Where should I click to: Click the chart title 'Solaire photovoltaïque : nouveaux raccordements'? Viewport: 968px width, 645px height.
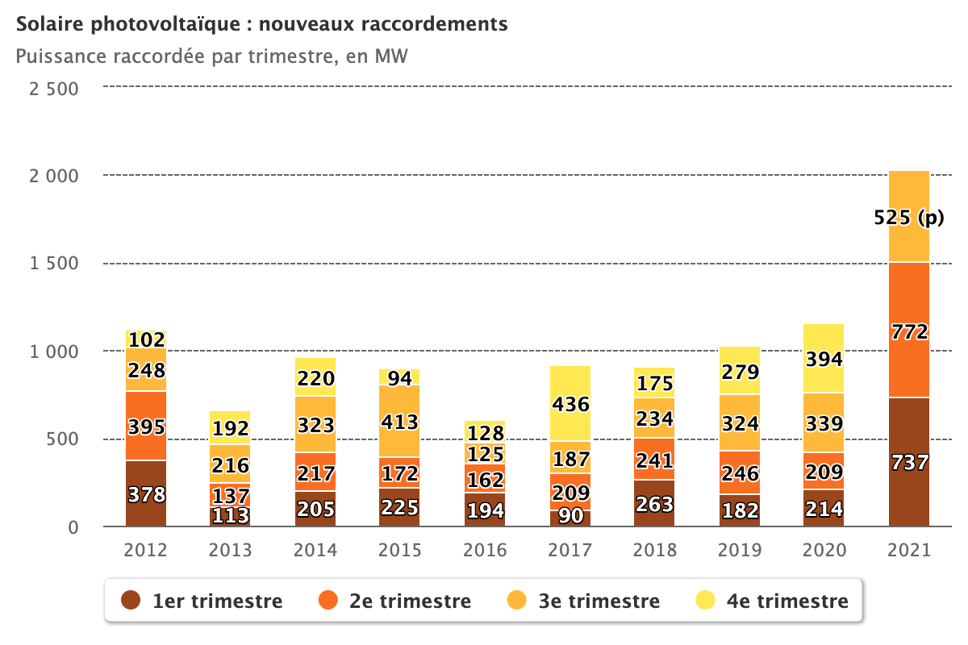point(262,24)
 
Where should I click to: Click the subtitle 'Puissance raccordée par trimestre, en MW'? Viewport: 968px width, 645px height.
point(211,56)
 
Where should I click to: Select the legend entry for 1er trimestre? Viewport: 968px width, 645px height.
point(202,601)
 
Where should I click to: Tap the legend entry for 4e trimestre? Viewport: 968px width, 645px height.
point(771,601)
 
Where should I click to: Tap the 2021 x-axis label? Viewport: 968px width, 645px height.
point(908,551)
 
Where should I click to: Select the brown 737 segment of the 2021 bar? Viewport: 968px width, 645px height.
point(908,462)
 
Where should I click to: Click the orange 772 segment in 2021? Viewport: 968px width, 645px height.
point(908,331)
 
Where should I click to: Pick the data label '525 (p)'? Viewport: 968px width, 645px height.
point(908,217)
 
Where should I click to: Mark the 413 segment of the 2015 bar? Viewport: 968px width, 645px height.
point(400,421)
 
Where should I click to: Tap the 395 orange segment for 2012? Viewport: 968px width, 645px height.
point(146,426)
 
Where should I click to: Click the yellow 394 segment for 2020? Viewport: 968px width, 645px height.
point(824,358)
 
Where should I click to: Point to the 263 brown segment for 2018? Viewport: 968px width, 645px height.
point(654,503)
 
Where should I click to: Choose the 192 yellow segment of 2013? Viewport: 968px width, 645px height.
point(231,428)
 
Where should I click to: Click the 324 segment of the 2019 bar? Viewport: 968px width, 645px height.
point(739,422)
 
